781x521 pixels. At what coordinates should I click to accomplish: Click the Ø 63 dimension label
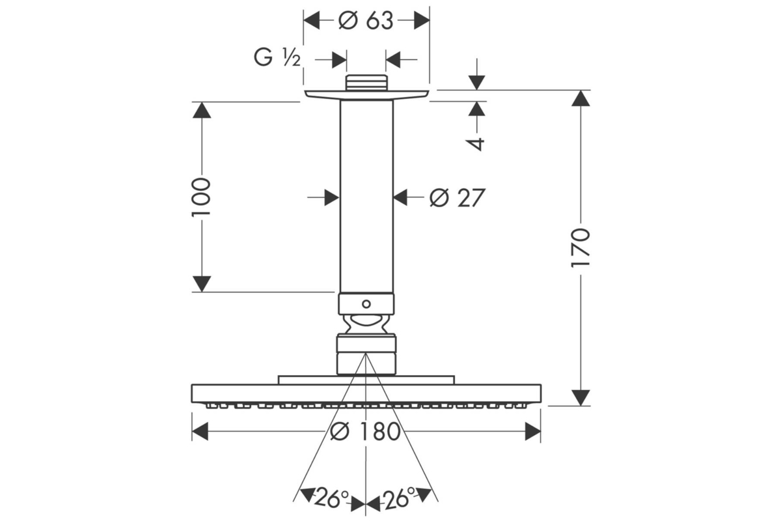tap(366, 21)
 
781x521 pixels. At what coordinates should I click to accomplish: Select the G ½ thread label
tap(277, 57)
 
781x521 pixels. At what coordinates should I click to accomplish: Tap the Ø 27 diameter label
tap(457, 198)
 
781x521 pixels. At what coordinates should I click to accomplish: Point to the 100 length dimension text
tap(202, 197)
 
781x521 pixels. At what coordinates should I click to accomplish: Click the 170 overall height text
tap(580, 248)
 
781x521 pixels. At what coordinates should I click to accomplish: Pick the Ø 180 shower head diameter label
tap(365, 431)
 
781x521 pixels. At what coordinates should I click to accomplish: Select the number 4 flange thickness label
tap(476, 144)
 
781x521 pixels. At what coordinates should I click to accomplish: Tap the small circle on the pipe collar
tap(366, 304)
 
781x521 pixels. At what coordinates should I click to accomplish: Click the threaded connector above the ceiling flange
tap(366, 83)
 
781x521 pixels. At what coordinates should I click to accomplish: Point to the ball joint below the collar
tap(366, 324)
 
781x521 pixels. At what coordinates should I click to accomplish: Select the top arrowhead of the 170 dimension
tap(581, 98)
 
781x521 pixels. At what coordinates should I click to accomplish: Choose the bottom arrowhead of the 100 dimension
tap(202, 284)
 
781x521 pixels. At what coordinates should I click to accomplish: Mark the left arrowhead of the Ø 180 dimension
tap(200, 431)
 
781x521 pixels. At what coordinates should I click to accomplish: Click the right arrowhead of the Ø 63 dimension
tap(422, 20)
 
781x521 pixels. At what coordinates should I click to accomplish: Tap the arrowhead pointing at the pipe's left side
tap(332, 197)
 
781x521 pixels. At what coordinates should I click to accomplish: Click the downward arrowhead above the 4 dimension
tap(476, 83)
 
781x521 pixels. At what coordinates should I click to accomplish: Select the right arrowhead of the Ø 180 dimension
tap(533, 431)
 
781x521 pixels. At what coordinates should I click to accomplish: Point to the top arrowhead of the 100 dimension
tap(202, 110)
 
